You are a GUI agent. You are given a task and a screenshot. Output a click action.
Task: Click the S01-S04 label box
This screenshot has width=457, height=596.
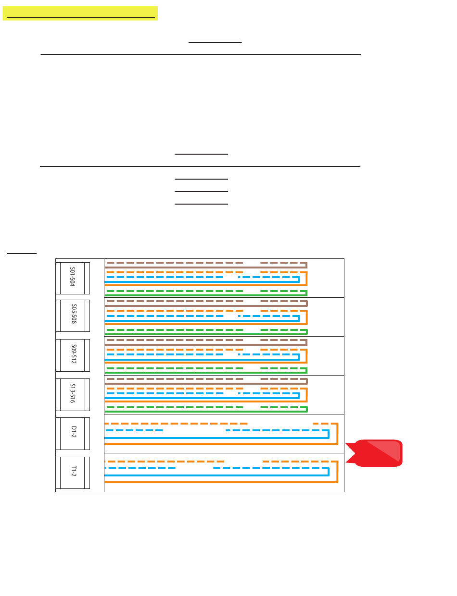(x=72, y=278)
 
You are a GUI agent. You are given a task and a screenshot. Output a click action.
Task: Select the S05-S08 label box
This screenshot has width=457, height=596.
(x=73, y=316)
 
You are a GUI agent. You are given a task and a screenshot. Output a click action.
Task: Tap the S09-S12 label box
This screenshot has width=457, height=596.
(x=73, y=355)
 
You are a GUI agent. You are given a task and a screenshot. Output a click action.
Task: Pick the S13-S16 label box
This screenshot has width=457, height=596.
(x=73, y=394)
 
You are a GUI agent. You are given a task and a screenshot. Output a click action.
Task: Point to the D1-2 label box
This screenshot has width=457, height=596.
(x=73, y=433)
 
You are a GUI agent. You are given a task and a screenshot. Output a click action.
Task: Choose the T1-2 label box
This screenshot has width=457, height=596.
(x=73, y=473)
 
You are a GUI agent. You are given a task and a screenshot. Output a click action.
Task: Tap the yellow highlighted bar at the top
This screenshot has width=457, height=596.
(x=80, y=13)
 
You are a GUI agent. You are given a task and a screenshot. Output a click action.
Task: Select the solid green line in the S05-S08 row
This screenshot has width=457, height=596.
(x=192, y=333)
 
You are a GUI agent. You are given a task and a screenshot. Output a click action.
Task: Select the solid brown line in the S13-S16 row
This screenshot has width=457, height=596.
(x=192, y=384)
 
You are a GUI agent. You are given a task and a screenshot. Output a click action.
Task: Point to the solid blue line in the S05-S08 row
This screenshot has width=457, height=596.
(x=192, y=320)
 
